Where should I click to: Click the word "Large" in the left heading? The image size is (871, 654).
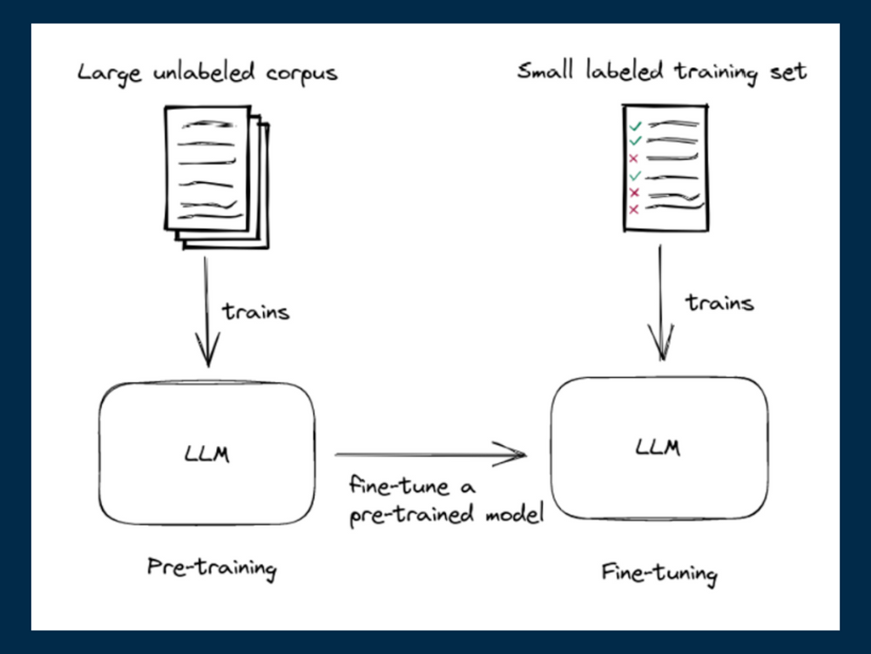tap(103, 72)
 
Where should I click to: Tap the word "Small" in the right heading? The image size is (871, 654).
tap(546, 71)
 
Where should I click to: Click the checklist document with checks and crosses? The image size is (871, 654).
tap(665, 169)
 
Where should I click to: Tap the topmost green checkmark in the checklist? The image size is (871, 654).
tap(636, 125)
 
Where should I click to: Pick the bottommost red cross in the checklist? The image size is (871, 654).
tap(634, 209)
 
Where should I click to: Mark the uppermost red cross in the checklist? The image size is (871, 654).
tap(634, 158)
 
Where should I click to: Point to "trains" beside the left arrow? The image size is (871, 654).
tap(255, 311)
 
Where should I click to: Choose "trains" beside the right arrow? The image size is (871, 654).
tap(719, 303)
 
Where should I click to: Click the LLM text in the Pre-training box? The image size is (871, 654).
tap(206, 454)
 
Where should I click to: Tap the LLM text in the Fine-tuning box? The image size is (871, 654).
tap(658, 448)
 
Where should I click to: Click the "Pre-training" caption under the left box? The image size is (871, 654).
tap(212, 569)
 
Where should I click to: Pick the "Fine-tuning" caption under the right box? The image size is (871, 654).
tap(659, 574)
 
